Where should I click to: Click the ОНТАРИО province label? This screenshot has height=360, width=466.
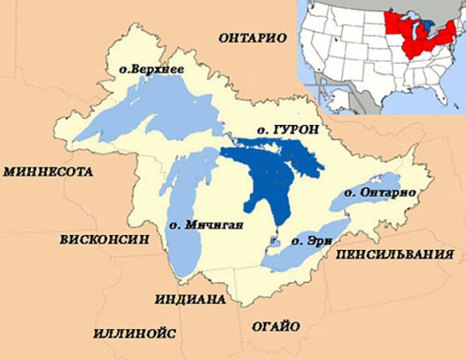tap(253, 37)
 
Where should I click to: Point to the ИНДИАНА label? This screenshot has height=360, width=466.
tap(190, 299)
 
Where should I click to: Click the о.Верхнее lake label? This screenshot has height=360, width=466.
tap(151, 70)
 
